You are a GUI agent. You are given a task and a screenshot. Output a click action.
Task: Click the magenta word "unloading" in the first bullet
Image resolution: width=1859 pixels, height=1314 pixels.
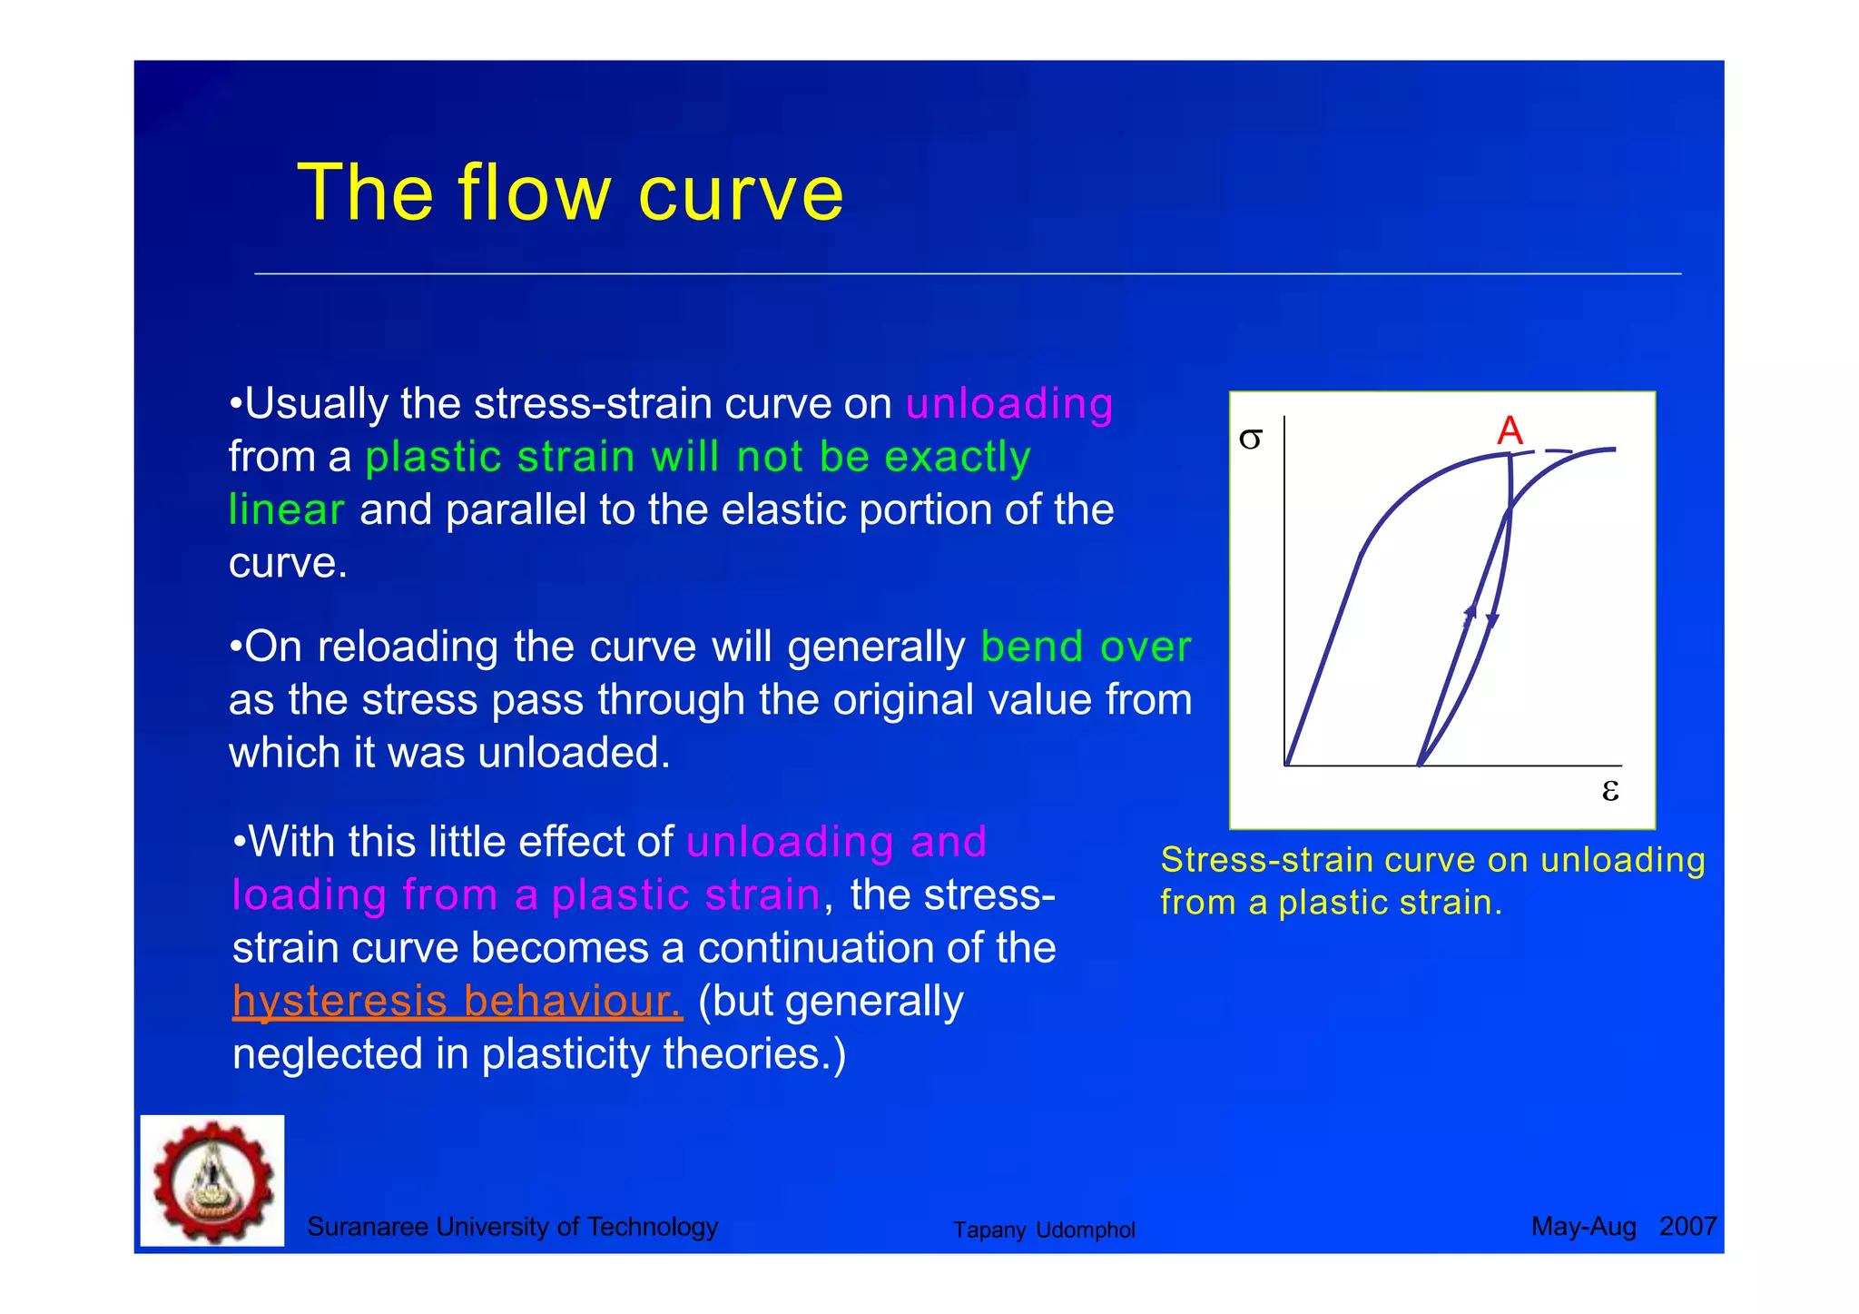(1009, 403)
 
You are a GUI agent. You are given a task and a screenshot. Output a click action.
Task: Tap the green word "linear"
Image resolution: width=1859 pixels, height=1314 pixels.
(286, 509)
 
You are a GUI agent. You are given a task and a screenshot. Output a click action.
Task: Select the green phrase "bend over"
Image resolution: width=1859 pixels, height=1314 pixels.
(1086, 647)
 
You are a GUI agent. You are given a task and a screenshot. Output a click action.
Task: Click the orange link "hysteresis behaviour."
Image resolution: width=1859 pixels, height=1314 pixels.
(457, 1001)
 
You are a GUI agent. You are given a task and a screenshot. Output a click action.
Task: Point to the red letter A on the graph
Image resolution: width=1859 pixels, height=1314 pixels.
(1510, 430)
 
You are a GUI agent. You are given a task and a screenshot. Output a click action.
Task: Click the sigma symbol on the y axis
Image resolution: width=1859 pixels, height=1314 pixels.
(1250, 440)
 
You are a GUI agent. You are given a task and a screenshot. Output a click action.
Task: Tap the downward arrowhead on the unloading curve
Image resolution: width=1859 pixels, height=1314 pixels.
(1492, 620)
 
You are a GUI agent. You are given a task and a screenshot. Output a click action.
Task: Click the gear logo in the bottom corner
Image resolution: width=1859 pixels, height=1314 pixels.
(212, 1181)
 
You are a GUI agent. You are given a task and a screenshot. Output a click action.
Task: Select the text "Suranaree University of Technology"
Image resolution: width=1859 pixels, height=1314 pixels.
(512, 1227)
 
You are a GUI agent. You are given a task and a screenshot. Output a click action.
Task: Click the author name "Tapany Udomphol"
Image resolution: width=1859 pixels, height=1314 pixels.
(1044, 1230)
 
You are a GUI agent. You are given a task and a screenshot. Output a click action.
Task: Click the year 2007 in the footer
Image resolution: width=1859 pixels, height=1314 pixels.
(1687, 1227)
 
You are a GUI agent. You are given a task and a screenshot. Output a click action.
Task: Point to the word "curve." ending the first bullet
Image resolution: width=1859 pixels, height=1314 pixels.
(288, 563)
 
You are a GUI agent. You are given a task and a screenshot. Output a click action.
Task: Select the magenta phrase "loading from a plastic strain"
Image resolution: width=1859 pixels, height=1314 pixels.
(526, 894)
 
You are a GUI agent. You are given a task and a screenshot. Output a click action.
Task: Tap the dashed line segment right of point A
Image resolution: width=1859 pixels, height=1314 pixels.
(1558, 450)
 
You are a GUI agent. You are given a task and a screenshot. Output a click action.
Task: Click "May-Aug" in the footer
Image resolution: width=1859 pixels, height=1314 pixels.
(1583, 1227)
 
